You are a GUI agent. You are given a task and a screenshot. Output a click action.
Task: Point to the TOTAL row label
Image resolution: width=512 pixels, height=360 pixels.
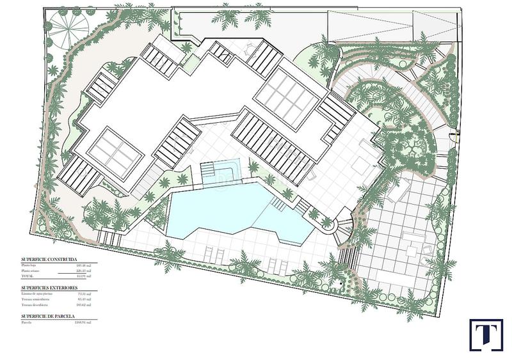tap(26, 276)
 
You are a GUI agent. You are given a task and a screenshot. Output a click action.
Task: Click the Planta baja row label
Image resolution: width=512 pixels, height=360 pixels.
tap(29, 265)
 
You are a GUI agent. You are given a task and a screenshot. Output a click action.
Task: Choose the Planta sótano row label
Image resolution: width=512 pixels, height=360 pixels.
tap(31, 270)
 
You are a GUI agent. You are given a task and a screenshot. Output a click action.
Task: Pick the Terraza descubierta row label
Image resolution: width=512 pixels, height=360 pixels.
tap(35, 304)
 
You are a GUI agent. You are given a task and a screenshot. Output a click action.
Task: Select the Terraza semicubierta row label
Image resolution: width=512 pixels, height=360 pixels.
tap(36, 299)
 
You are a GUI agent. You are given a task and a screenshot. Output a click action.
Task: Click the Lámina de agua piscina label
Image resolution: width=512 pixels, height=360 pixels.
tap(37, 293)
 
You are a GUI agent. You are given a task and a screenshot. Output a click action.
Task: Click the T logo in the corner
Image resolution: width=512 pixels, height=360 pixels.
tap(486, 335)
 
